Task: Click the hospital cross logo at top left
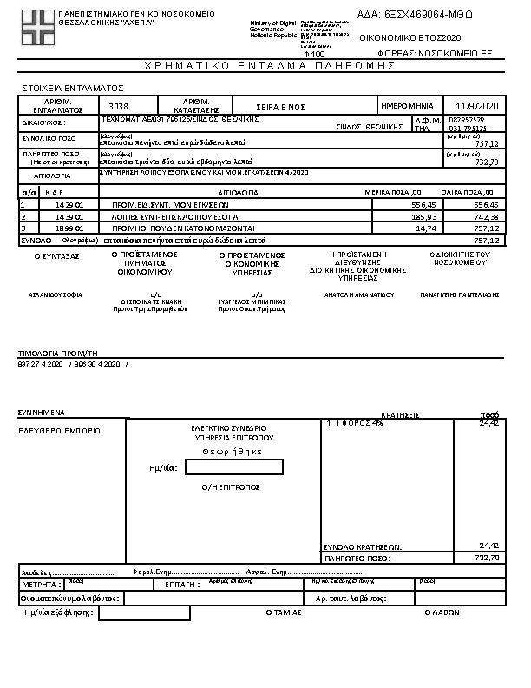coord(37,26)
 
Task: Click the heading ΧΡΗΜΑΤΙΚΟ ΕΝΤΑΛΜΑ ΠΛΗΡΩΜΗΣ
coord(265,66)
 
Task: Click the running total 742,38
coord(486,215)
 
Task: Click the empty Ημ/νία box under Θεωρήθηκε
coord(233,467)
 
